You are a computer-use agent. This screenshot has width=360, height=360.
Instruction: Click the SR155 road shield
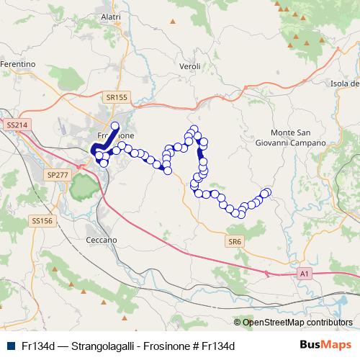[x=115, y=96]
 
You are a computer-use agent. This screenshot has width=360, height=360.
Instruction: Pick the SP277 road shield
[x=55, y=175]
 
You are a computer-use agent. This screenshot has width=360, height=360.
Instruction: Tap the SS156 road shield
[x=42, y=222]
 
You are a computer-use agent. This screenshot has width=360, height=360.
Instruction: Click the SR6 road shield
[x=233, y=241]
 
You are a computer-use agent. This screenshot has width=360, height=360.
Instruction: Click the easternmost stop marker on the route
[x=267, y=192]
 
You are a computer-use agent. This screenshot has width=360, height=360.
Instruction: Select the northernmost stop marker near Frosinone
[x=114, y=125]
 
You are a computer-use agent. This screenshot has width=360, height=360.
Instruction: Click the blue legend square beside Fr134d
[x=10, y=346]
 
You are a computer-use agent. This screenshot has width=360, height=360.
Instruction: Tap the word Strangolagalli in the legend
[x=101, y=346]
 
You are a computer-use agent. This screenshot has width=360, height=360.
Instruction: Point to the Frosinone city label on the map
[x=115, y=135]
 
